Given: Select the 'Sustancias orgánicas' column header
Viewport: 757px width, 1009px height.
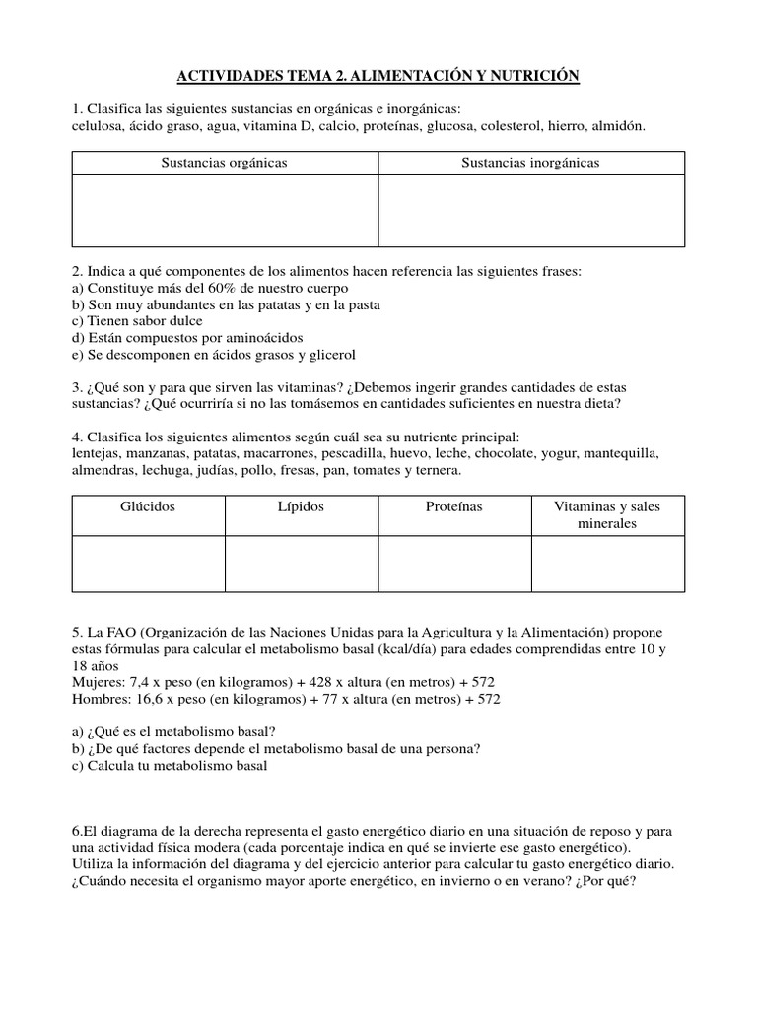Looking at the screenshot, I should click(x=225, y=163).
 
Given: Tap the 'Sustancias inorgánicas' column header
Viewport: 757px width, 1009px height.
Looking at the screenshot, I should click(x=531, y=163).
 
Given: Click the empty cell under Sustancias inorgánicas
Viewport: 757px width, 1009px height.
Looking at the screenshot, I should click(x=531, y=210).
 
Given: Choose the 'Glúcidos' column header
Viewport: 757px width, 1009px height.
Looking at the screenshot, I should click(x=149, y=506).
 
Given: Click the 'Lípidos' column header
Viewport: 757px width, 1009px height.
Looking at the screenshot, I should click(x=302, y=506).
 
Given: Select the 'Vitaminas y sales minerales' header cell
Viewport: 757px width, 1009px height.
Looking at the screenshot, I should click(x=607, y=514).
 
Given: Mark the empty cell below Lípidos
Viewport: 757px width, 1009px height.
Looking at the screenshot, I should click(x=302, y=563).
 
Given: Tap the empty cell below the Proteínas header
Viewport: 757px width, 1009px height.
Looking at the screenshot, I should click(x=454, y=563).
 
